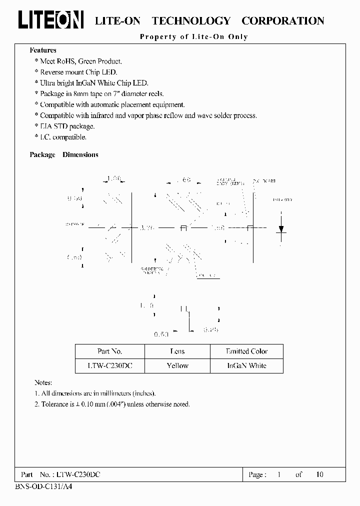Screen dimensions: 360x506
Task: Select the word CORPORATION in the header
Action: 282,21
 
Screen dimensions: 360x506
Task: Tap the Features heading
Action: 43,50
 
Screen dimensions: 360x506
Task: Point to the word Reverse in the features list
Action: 52,72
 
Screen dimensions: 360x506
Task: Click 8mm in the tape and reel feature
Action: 80,93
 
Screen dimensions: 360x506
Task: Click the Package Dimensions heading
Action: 64,154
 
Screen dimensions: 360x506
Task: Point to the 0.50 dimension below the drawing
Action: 161,333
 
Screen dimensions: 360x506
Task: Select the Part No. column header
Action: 109,351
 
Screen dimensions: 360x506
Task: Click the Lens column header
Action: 177,351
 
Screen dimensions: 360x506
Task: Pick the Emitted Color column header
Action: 246,351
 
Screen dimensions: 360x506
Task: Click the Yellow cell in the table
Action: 177,365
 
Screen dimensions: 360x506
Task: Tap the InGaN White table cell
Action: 246,365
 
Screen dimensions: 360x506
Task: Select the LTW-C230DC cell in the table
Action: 109,365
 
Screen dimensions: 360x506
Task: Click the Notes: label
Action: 43,382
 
